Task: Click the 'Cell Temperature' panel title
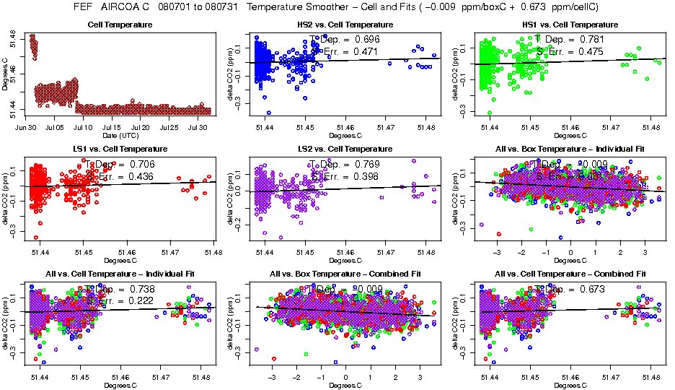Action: pyautogui.click(x=120, y=25)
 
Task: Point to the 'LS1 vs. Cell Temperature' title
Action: pyautogui.click(x=120, y=149)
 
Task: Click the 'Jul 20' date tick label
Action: pyautogui.click(x=143, y=127)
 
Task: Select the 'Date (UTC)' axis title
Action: pyautogui.click(x=119, y=135)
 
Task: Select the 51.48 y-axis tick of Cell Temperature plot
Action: pyautogui.click(x=14, y=35)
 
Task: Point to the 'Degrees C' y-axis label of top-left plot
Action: pyautogui.click(x=6, y=72)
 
